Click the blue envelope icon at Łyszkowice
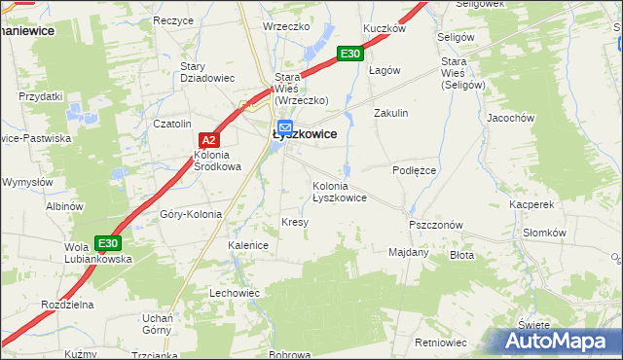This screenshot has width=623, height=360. point(285,126)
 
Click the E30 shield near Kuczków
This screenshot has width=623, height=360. point(350,54)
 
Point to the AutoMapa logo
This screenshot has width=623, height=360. point(560,341)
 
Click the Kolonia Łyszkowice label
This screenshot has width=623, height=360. point(339,192)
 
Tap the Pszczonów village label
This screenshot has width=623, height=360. point(435,224)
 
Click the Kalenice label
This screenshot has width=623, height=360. point(248,245)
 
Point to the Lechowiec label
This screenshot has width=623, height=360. point(235,292)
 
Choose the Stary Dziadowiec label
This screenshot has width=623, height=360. point(204,73)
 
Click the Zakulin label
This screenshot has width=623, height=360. point(391,113)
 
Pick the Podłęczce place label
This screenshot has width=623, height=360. point(417,169)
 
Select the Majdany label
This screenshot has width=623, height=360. point(409,252)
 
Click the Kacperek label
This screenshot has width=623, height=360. point(531,205)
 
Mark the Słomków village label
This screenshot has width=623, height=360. point(544,233)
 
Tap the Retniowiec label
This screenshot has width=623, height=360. point(441,342)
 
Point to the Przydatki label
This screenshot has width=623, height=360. point(40,96)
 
